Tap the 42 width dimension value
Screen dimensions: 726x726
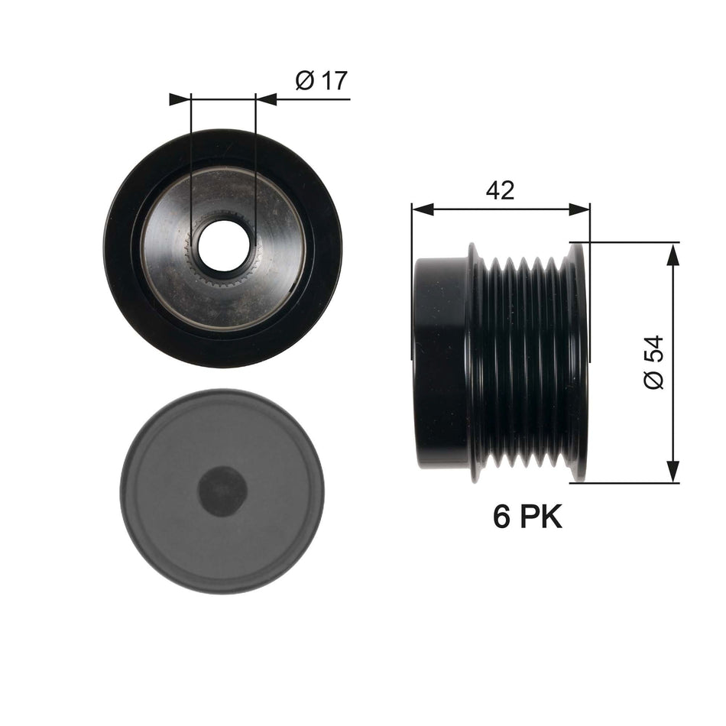tap(501, 190)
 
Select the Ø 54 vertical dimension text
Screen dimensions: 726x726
tap(654, 362)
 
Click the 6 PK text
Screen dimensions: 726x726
tap(527, 517)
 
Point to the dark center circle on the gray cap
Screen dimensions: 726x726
tap(222, 490)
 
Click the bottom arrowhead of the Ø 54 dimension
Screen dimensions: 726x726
tap(673, 472)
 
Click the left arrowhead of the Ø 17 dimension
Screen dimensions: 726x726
tap(180, 99)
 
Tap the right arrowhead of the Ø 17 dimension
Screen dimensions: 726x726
tap(265, 99)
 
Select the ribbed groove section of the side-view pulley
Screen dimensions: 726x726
tap(523, 362)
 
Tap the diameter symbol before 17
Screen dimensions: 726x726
tap(303, 81)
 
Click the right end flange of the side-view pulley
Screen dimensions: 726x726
tap(578, 362)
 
